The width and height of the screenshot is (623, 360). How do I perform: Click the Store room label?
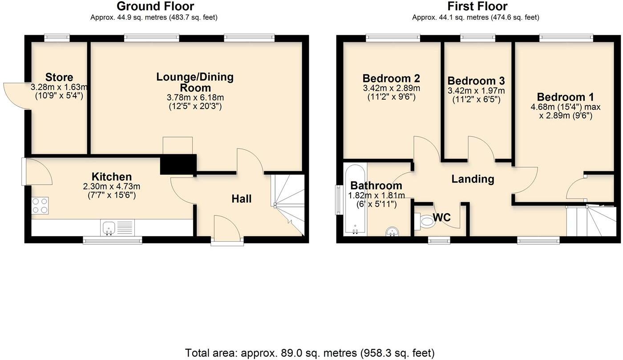pyautogui.click(x=59, y=77)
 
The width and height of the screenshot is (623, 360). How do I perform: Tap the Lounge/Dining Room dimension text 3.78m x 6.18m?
pyautogui.click(x=195, y=97)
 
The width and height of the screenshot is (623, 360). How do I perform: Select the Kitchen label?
pyautogui.click(x=112, y=177)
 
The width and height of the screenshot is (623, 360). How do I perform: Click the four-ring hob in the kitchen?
pyautogui.click(x=40, y=205)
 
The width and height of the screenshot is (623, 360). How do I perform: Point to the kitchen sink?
pyautogui.click(x=109, y=227)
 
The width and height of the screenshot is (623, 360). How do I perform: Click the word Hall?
pyautogui.click(x=241, y=199)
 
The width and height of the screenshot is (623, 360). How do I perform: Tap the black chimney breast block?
pyautogui.click(x=178, y=164)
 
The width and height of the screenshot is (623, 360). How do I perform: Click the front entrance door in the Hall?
pyautogui.click(x=227, y=229)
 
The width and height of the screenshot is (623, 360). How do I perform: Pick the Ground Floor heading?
pyautogui.click(x=155, y=6)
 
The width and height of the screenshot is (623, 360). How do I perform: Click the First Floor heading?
pyautogui.click(x=477, y=6)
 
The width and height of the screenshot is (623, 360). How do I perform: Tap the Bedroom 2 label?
pyautogui.click(x=391, y=78)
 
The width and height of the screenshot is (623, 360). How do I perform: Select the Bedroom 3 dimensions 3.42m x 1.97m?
pyautogui.click(x=476, y=91)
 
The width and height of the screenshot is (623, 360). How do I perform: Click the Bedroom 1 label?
pyautogui.click(x=565, y=97)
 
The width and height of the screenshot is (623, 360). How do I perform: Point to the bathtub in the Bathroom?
pyautogui.click(x=355, y=199)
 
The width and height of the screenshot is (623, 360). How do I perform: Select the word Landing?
pyautogui.click(x=473, y=179)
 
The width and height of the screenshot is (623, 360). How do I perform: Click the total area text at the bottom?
pyautogui.click(x=310, y=353)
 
